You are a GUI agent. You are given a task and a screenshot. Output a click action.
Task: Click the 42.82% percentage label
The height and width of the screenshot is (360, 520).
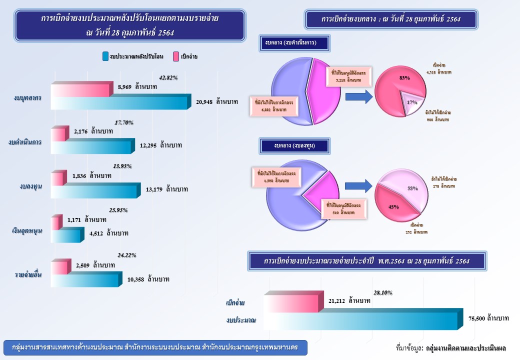click(x=168, y=78)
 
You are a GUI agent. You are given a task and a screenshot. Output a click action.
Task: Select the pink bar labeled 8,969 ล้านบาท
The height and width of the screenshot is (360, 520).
click(x=80, y=90)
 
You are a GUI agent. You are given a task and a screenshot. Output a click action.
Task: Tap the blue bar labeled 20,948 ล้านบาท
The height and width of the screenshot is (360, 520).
click(x=120, y=102)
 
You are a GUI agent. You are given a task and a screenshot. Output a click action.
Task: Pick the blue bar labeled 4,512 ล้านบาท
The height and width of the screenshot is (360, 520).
click(x=66, y=235)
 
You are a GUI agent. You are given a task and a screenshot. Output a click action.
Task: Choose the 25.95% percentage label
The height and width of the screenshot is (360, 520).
click(x=118, y=210)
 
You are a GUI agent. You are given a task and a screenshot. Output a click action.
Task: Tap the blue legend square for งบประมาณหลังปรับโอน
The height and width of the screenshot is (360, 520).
click(x=105, y=56)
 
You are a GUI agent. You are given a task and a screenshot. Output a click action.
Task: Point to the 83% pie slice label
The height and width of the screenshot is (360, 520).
click(x=404, y=78)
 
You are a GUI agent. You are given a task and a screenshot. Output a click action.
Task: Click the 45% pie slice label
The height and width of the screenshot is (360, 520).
click(x=393, y=206)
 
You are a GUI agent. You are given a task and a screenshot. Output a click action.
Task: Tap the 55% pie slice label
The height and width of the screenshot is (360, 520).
click(x=412, y=188)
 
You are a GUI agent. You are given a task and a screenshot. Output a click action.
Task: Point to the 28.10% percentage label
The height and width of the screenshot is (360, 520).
click(x=382, y=293)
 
